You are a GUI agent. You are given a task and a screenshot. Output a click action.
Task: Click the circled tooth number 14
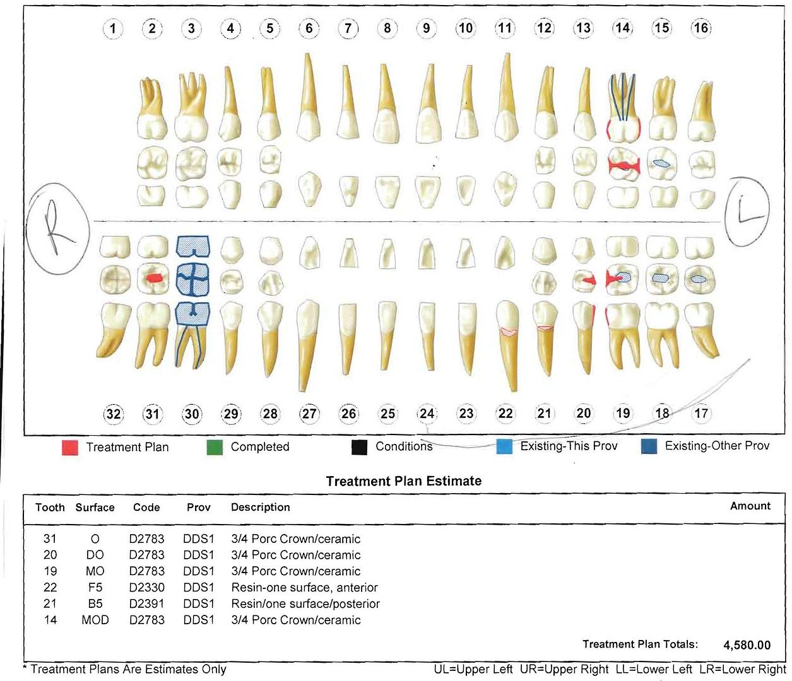(623, 28)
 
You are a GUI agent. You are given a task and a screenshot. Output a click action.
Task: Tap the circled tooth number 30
(192, 414)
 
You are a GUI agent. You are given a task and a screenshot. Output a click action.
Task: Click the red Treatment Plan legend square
(70, 448)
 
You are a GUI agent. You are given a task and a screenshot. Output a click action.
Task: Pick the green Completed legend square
(215, 447)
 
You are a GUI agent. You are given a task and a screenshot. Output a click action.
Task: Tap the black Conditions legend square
(359, 446)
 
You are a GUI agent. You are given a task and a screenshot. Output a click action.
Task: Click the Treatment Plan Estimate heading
(404, 480)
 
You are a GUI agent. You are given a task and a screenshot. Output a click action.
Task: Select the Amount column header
(750, 506)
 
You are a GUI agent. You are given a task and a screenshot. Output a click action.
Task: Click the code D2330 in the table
(147, 587)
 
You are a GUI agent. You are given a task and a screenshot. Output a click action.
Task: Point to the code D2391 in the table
(147, 603)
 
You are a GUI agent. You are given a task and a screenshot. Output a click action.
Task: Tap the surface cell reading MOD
(95, 620)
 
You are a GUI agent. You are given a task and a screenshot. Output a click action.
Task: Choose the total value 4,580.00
(747, 645)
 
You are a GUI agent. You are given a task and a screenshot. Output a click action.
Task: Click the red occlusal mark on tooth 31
(154, 278)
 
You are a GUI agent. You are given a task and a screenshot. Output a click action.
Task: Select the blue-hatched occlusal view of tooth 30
(192, 280)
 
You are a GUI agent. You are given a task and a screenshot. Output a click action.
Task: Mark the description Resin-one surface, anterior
(305, 587)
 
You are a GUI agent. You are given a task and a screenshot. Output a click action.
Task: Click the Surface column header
(95, 508)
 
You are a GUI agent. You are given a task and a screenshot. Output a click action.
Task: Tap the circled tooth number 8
(387, 28)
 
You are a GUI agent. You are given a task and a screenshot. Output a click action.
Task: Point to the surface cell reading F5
(95, 587)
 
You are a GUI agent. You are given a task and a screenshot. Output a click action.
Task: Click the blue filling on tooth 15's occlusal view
(661, 163)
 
